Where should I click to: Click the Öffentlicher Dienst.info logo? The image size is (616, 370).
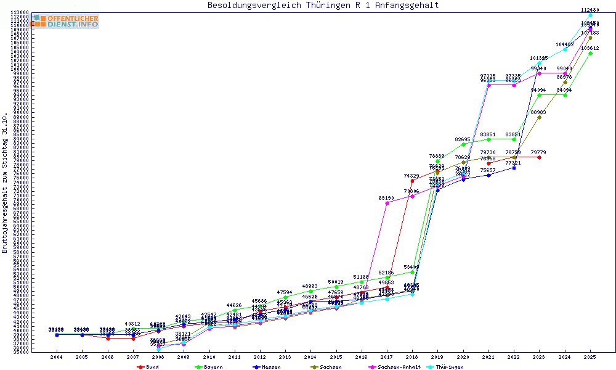pos(65,22)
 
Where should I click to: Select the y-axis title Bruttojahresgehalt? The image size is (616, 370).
pos(5,183)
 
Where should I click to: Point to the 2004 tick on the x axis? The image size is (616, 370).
pos(56,357)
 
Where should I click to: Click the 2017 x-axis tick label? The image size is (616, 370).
pos(386,357)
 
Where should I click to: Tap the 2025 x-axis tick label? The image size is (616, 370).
pos(590,357)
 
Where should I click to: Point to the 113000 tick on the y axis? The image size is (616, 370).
pos(20,12)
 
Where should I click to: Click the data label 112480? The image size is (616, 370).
pos(590,10)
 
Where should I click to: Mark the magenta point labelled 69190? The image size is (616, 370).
pos(387,203)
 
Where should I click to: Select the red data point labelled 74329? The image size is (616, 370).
pos(412,181)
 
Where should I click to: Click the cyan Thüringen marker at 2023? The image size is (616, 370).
pos(539,63)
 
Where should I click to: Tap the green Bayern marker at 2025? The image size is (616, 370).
pos(590,53)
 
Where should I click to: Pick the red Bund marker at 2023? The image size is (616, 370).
pos(539,157)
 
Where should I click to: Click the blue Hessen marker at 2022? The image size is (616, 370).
pos(514,168)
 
